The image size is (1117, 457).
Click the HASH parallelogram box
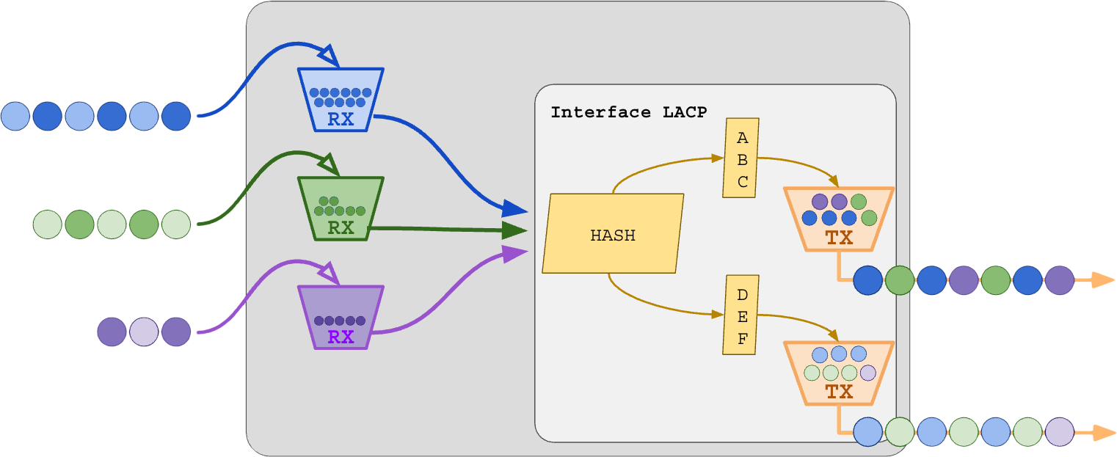coord(613,233)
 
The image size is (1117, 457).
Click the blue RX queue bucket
coord(341,100)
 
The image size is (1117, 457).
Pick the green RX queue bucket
coord(341,208)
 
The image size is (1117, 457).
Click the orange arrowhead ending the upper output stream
coord(1102,279)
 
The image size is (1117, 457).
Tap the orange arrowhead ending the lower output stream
coord(1102,433)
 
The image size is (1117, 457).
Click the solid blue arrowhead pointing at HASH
coord(517,211)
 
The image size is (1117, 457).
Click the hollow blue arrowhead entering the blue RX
coord(327,56)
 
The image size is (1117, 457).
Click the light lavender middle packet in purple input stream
coord(144,332)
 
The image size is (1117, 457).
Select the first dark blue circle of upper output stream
coord(867,280)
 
